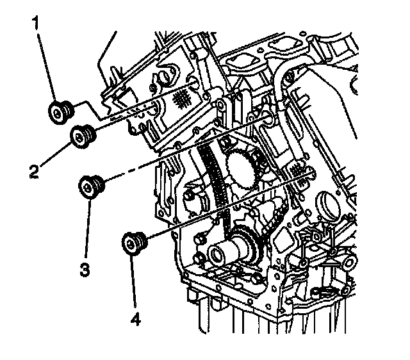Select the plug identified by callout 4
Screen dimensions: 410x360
[134, 242]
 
